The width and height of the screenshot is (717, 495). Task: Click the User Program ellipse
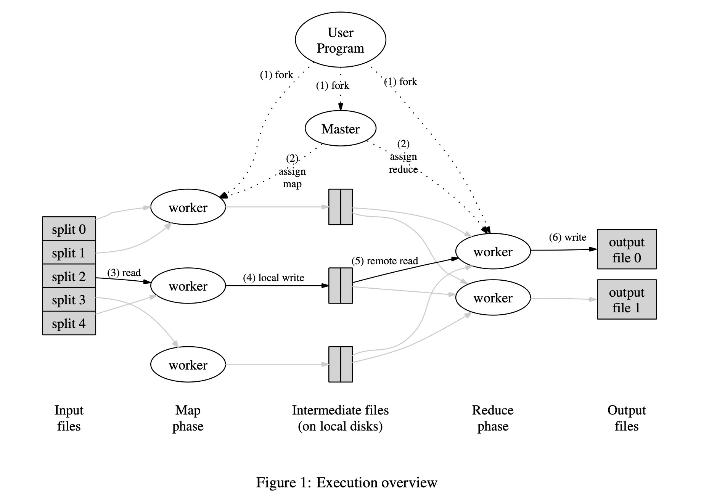340,40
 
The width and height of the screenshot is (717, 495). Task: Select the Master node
340,129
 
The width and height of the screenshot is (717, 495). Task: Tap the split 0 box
69,229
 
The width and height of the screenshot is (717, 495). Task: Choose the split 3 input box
69,300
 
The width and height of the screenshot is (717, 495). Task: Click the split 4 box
69,323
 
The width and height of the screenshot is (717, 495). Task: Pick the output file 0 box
627,249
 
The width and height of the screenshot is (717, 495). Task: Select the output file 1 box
627,299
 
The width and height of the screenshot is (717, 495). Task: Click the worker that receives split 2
188,286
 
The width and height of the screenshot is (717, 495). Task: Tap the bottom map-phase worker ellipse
188,365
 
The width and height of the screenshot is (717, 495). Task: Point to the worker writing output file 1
493,297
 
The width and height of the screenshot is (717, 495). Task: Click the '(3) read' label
124,273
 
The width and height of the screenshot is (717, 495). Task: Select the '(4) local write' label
273,278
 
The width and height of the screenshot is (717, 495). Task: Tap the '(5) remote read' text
384,261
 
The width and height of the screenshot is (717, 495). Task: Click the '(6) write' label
567,237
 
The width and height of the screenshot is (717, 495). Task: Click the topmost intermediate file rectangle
340,207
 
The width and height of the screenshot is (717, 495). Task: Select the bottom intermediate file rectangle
340,364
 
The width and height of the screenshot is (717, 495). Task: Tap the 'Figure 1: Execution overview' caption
346,482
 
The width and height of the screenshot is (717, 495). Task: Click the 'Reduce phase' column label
493,418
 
